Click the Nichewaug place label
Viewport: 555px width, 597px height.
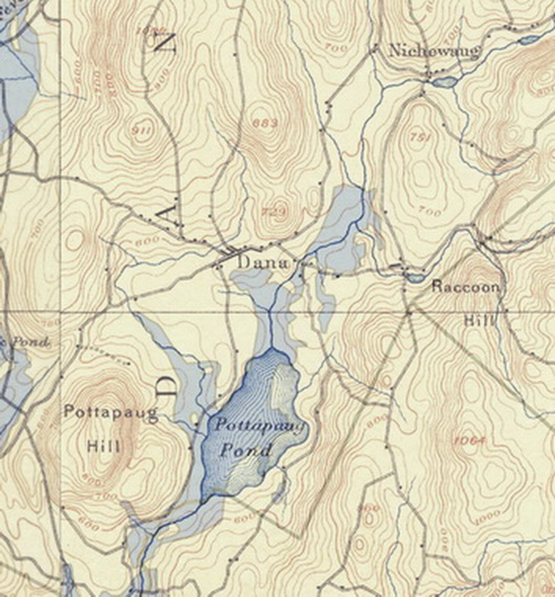[434, 51]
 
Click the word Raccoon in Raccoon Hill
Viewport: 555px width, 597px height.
[465, 287]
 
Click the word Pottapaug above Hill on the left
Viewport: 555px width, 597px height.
[111, 413]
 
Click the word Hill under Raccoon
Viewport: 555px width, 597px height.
[479, 320]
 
